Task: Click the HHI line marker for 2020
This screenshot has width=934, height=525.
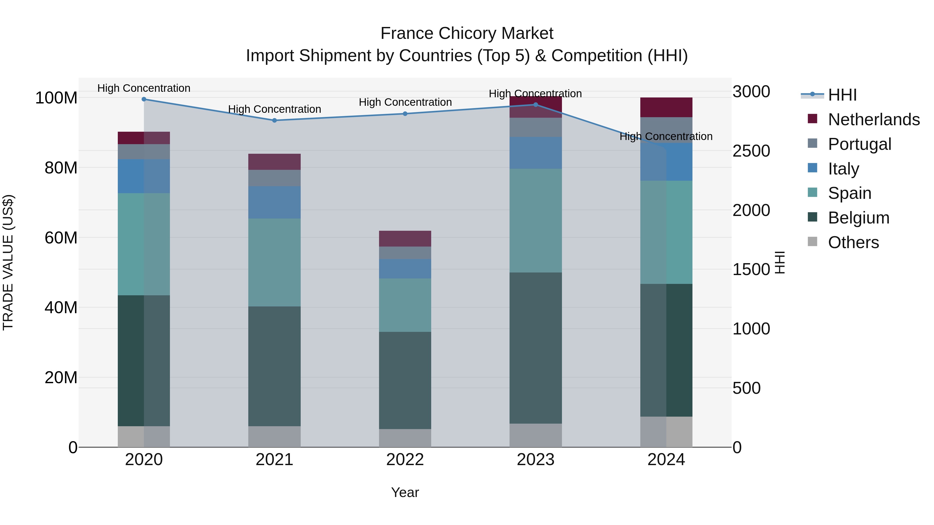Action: coord(144,99)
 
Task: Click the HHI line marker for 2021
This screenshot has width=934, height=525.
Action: coord(274,120)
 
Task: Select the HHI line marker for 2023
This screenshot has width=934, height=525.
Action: coord(535,105)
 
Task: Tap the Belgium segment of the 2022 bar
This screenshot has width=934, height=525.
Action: coord(405,380)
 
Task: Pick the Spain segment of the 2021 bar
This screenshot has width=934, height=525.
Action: coord(274,262)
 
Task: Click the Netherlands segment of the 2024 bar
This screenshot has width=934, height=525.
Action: coord(666,107)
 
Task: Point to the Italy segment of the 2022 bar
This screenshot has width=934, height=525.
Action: coord(405,269)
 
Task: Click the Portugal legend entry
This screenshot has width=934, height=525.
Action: coord(859,144)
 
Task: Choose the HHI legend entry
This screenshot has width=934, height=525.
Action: coord(842,95)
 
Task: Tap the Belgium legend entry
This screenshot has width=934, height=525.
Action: coord(858,218)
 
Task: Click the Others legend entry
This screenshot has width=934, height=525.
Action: coord(853,242)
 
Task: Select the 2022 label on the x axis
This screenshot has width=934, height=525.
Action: coord(405,460)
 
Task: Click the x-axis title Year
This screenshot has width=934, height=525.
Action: coord(405,492)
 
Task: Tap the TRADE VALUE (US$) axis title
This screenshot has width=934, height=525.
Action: coord(8,262)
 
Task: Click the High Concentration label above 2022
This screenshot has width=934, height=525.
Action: coord(405,102)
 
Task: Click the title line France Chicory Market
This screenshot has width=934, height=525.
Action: coord(467,33)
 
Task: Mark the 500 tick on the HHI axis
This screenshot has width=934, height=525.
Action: coord(746,388)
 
